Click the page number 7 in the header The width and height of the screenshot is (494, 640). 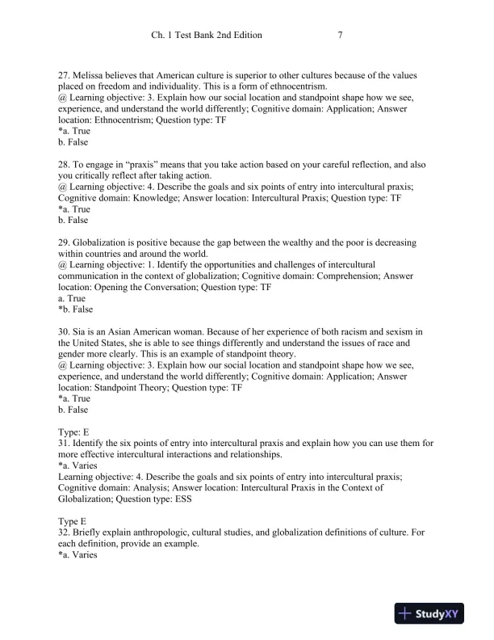coord(341,36)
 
